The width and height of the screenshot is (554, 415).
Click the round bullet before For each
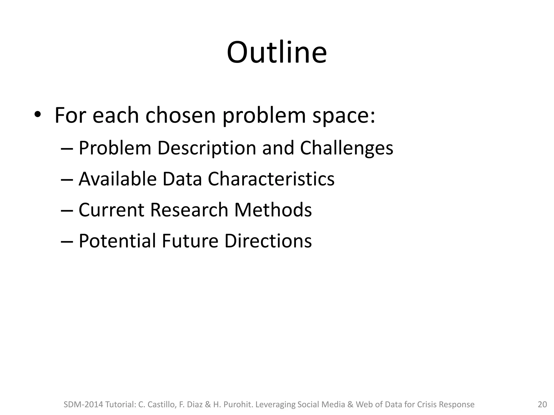[37, 115]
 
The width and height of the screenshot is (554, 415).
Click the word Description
[207, 148]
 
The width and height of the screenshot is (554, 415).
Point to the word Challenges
[347, 148]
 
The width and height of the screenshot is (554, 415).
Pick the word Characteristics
[271, 179]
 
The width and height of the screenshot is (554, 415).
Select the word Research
[189, 210]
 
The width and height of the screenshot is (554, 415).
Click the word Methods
[273, 210]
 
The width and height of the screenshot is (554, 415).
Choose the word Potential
[117, 241]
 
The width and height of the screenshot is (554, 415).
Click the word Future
[190, 241]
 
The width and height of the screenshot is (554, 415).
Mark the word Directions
[268, 241]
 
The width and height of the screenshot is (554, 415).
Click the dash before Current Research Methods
[67, 210]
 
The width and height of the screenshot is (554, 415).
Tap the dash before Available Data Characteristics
[67, 179]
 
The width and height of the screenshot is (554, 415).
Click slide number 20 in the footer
[542, 405]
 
